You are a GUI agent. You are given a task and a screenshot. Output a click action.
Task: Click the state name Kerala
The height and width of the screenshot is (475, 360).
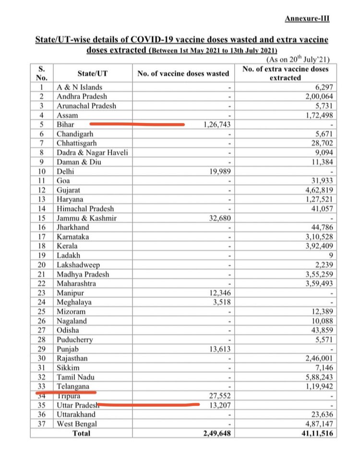tap(68, 246)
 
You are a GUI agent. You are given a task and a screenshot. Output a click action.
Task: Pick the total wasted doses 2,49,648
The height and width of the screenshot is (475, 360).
tap(217, 433)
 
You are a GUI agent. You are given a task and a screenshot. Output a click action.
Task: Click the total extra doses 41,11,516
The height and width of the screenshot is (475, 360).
tap(312, 433)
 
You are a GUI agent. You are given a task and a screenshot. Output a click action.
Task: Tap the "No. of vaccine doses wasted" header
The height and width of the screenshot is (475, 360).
tap(183, 73)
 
